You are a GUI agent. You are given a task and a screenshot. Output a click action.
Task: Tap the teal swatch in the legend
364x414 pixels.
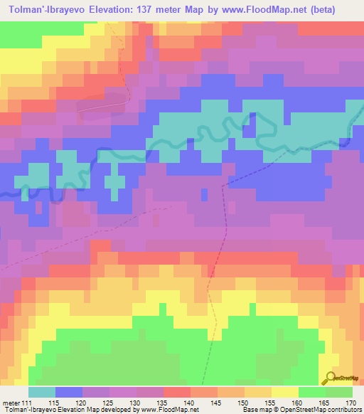coord(42,392)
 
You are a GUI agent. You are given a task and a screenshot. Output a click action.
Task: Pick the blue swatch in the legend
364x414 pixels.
coord(69,392)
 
